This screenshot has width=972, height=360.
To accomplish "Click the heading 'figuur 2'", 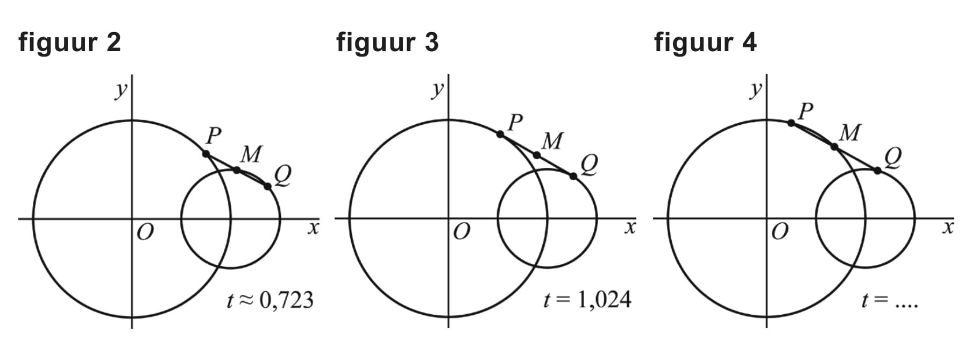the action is (x=69, y=43).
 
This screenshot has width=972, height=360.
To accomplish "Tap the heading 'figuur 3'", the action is (x=387, y=43).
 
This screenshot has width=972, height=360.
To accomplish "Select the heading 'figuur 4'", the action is (x=705, y=43).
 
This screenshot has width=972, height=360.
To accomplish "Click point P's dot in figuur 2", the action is (x=206, y=154).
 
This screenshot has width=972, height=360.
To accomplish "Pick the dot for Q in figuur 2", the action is (x=268, y=186).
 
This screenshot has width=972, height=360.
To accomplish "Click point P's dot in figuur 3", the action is (x=500, y=134).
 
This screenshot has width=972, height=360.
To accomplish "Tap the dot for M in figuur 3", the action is (x=537, y=155).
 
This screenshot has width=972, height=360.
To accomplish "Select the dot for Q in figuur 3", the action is (x=573, y=176).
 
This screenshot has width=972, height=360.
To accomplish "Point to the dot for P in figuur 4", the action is (x=791, y=123).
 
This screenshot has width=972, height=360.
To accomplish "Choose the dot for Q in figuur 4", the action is (x=877, y=170).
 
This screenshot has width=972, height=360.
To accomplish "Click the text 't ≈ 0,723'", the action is (x=270, y=300).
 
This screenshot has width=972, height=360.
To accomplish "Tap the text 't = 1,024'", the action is (x=587, y=300).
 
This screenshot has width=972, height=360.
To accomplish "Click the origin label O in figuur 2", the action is (x=145, y=232).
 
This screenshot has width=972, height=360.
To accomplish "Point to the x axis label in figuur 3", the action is (x=630, y=228).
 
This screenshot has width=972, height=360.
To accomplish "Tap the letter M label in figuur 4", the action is (x=849, y=132).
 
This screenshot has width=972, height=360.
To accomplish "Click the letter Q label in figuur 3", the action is (x=589, y=165).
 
